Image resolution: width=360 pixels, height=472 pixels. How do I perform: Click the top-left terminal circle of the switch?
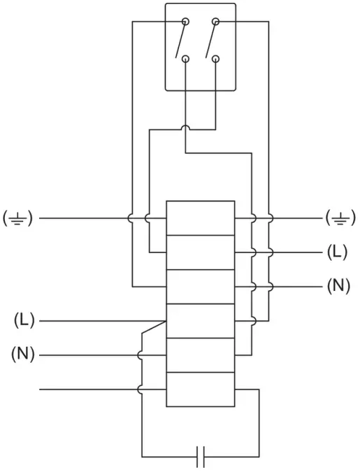click(x=185, y=23)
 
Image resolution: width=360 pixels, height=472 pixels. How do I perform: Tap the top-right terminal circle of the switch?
click(x=216, y=23)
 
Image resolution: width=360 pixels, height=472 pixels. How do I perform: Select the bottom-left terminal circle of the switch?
click(x=185, y=59)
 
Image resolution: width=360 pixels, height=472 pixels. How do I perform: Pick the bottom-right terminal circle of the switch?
click(x=216, y=59)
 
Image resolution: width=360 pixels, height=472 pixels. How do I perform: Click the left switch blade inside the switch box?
click(x=183, y=40)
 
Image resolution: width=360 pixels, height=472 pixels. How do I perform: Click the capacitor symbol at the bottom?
click(x=200, y=456)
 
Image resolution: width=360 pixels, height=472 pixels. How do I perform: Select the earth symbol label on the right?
click(x=340, y=217)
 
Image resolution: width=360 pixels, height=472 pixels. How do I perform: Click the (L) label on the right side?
click(x=338, y=252)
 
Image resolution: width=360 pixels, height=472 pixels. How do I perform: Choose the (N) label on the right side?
click(x=338, y=286)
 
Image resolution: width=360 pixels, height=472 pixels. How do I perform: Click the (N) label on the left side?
click(x=22, y=355)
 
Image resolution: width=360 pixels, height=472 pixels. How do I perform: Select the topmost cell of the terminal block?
click(x=200, y=218)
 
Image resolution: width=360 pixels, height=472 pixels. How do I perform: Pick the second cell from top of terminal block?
click(x=200, y=252)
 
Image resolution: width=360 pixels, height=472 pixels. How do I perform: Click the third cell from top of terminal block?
click(x=200, y=287)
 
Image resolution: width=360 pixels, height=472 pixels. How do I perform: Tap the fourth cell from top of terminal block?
click(x=200, y=321)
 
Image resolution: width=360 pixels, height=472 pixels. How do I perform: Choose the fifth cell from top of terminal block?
click(x=200, y=355)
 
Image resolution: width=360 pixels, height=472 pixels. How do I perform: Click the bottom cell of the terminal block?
click(x=200, y=389)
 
